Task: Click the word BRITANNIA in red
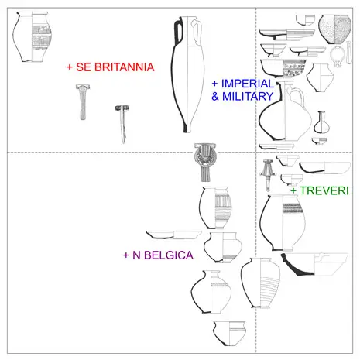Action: [x=124, y=67]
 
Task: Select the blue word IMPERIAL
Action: [x=248, y=84]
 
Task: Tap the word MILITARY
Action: [x=248, y=96]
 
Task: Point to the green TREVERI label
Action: [x=324, y=190]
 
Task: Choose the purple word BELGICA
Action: [x=168, y=255]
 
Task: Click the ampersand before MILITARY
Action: [x=215, y=97]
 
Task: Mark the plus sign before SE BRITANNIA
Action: [x=70, y=67]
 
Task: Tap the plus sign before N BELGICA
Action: [x=125, y=255]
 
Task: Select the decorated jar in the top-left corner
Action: [x=32, y=36]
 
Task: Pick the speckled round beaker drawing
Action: [x=334, y=29]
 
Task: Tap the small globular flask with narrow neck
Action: [x=321, y=122]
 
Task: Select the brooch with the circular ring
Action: [x=205, y=162]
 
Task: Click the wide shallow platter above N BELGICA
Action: [x=173, y=235]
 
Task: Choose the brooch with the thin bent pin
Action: [x=122, y=123]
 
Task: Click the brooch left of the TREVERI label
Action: [x=268, y=175]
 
